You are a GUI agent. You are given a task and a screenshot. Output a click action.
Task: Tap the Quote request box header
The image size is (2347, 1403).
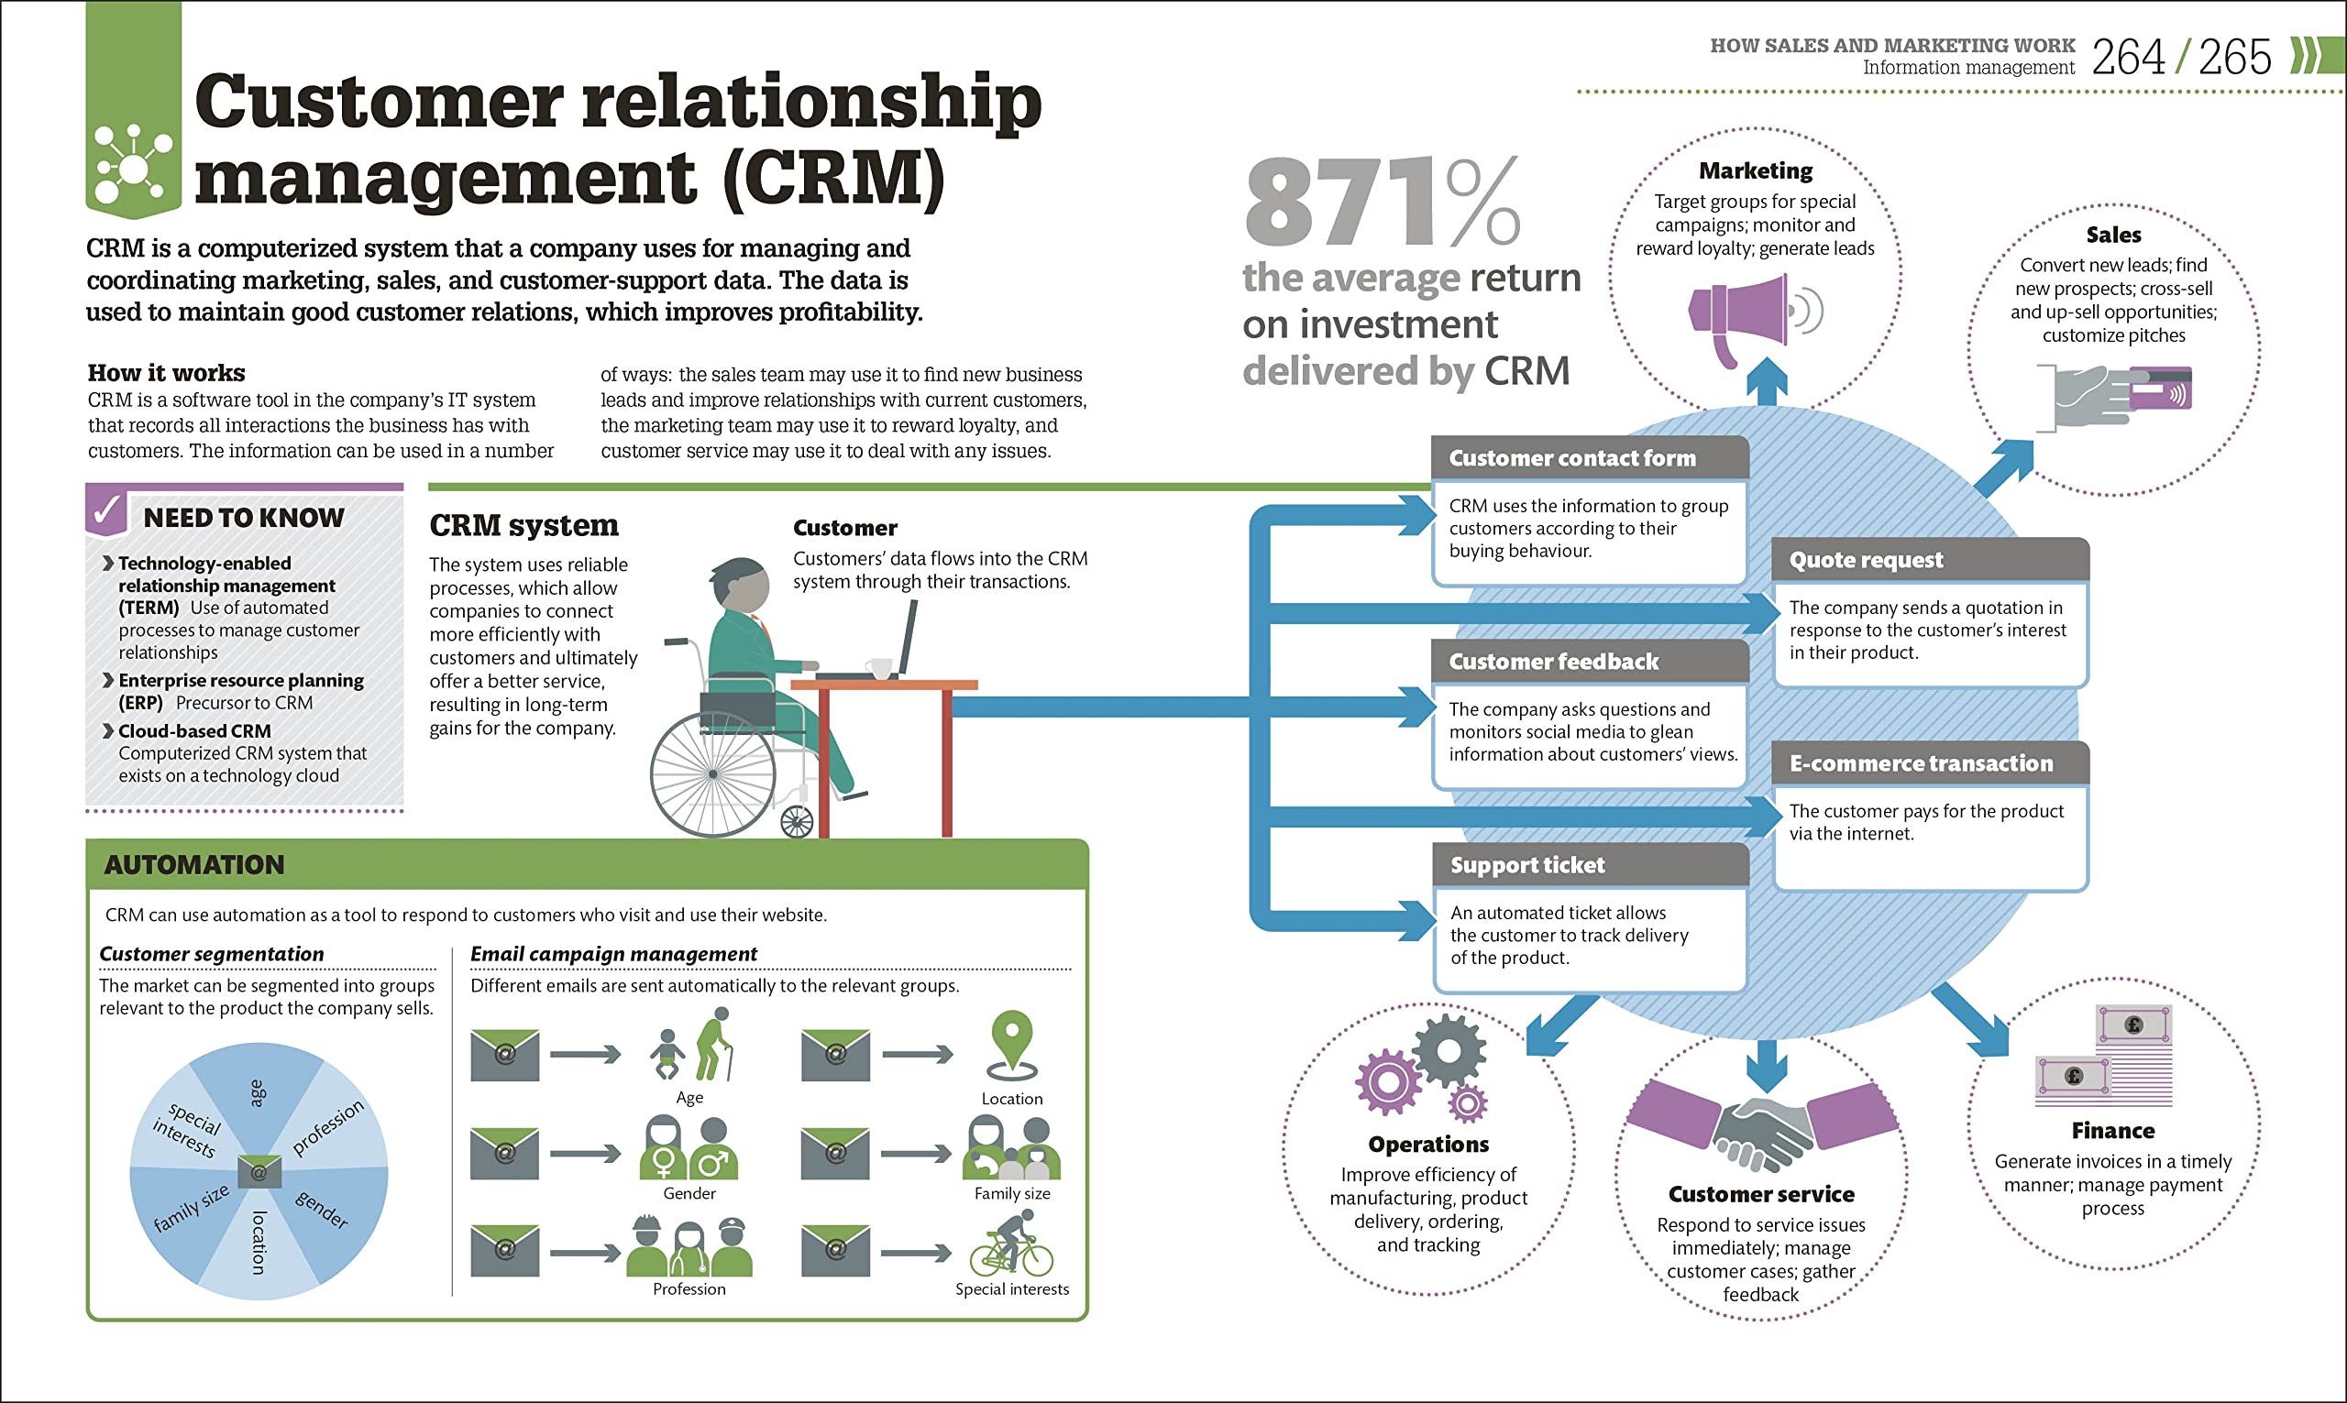(1929, 560)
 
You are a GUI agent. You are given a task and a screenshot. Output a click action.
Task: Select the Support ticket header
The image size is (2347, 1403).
(1589, 864)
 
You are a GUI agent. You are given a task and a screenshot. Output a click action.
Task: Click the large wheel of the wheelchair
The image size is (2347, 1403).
(713, 774)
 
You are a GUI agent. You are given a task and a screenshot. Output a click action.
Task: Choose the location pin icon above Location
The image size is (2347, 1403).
(1012, 1045)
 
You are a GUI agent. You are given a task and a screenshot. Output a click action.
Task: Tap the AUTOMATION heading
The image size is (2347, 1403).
(193, 864)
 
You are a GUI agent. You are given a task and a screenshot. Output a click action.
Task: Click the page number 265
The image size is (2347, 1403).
(2233, 58)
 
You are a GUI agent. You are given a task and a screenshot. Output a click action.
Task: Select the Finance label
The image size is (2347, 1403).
(2112, 1131)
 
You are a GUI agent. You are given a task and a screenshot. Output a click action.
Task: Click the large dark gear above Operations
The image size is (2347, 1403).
(1449, 1049)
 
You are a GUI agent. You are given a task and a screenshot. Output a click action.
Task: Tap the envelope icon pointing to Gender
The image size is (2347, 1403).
(505, 1154)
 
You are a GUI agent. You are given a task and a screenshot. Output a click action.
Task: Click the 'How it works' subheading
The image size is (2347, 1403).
(167, 372)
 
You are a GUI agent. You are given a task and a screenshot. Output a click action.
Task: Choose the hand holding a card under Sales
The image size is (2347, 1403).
(2118, 395)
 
